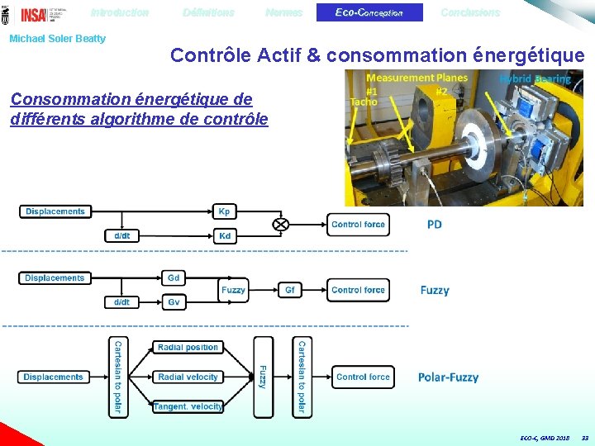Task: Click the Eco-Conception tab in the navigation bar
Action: click(369, 12)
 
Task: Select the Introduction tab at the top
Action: click(120, 12)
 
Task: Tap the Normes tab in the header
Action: click(283, 12)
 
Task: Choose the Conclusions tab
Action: click(470, 12)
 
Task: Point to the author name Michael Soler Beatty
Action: click(57, 39)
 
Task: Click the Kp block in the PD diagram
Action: click(224, 211)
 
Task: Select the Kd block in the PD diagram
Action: click(224, 236)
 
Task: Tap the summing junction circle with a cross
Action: click(280, 224)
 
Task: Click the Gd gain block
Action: click(174, 278)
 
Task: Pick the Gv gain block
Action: click(174, 302)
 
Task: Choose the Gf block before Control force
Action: click(290, 290)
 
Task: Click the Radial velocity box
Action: click(188, 377)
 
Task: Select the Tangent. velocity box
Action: click(188, 406)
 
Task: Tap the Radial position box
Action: click(188, 348)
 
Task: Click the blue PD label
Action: click(435, 225)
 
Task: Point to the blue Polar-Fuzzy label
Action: click(448, 377)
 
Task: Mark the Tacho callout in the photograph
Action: click(363, 102)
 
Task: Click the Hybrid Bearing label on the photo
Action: click(535, 79)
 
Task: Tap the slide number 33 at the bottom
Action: click(585, 437)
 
